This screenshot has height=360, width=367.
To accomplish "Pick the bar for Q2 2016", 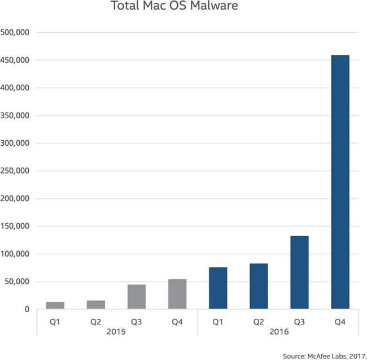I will [259, 286].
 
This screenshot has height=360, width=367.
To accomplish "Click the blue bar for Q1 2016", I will [218, 288].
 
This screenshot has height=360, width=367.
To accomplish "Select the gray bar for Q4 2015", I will [177, 294].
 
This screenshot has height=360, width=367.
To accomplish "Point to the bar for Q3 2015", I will [137, 297].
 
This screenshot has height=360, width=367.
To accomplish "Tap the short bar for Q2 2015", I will [96, 305].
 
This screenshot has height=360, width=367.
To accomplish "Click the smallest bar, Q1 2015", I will [55, 305].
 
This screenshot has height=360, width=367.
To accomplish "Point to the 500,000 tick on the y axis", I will [16, 33].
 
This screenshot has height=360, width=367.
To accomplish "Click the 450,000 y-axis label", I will [16, 60].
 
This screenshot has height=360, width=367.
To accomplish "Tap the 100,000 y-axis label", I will [16, 254].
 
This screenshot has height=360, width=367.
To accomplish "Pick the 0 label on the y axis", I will [26, 310].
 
